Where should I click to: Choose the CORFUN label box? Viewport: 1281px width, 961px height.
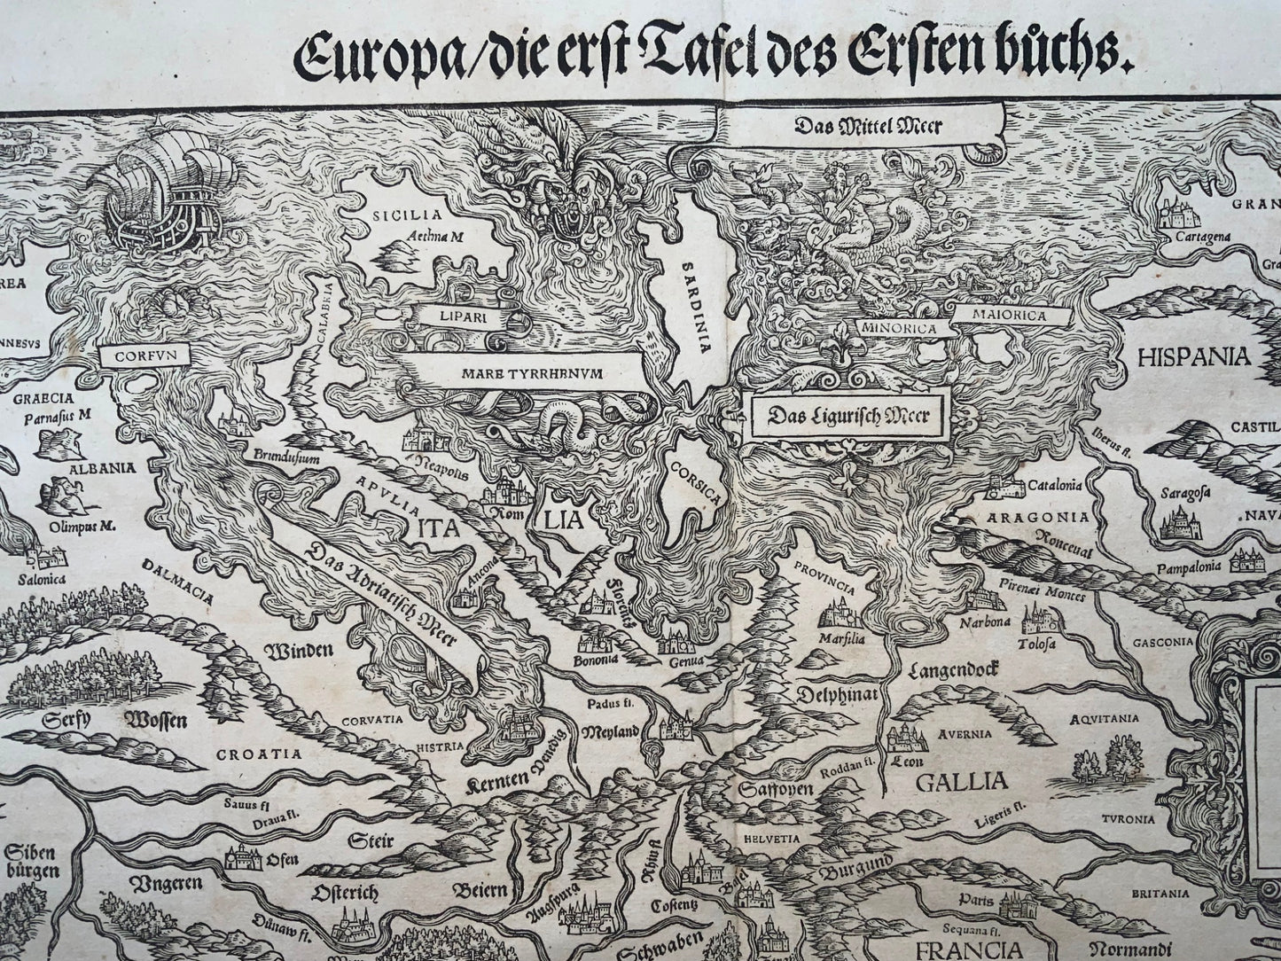[145, 355]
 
